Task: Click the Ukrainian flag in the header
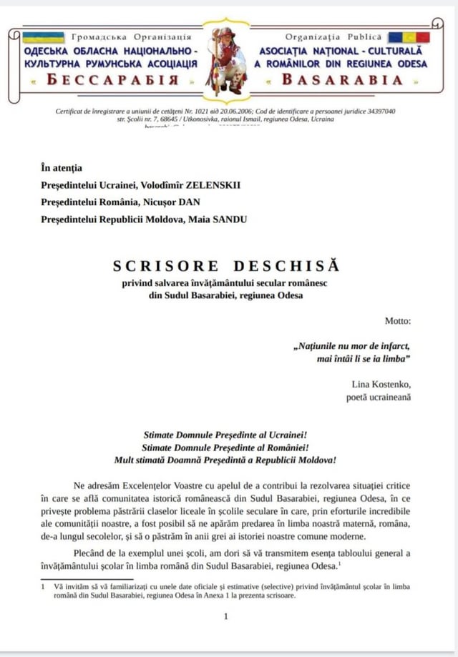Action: tap(42, 37)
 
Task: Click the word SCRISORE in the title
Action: tap(160, 267)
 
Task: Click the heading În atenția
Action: tap(62, 169)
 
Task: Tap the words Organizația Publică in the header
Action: tap(333, 36)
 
